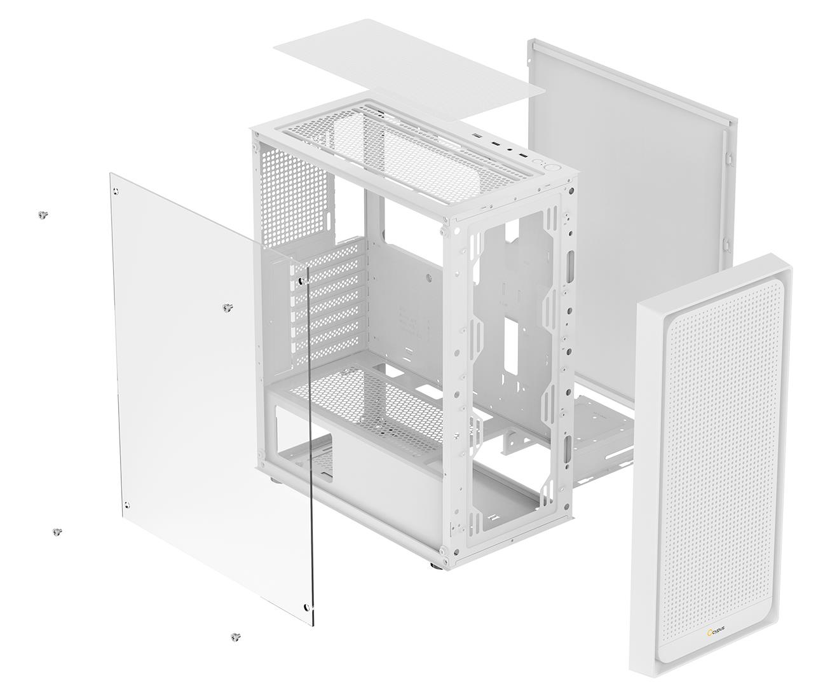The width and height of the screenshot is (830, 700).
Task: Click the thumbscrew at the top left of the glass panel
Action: (43, 215)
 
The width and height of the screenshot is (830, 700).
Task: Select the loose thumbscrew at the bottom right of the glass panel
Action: (236, 636)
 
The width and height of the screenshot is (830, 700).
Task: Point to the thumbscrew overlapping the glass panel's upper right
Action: (227, 308)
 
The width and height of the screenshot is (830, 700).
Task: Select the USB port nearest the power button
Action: (522, 156)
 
